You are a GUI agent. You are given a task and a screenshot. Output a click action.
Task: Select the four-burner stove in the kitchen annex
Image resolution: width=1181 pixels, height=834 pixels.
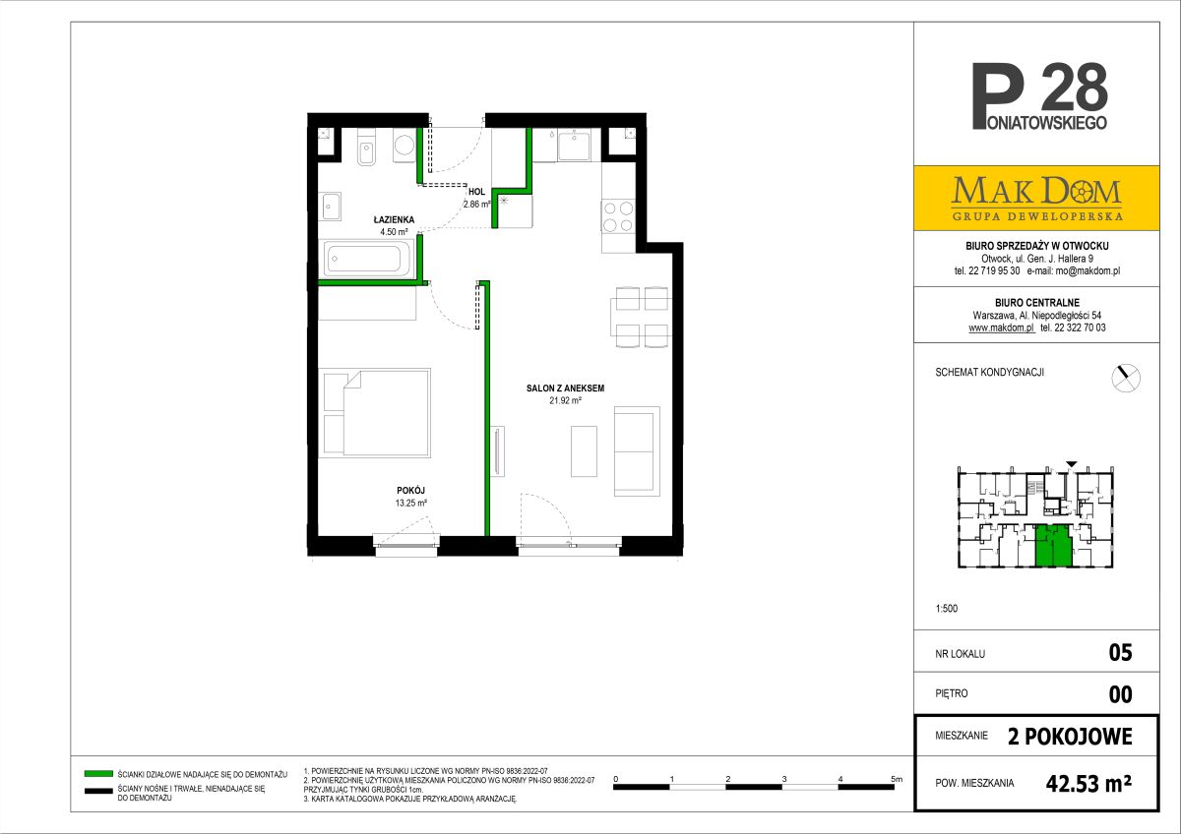(x=618, y=216)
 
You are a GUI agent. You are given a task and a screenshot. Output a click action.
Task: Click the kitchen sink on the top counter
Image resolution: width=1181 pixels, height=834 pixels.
(x=574, y=146)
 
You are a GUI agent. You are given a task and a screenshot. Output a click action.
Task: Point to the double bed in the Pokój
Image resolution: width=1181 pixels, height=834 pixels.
(x=376, y=412)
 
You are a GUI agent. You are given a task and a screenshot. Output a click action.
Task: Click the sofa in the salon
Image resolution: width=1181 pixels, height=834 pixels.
(x=637, y=451)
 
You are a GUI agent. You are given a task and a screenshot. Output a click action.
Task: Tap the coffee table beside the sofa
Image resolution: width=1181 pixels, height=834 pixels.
(x=585, y=451)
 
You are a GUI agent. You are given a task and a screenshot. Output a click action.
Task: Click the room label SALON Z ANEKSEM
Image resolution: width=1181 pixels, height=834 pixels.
(x=565, y=388)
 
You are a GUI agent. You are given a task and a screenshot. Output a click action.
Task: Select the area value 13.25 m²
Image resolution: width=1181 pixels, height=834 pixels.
(x=411, y=503)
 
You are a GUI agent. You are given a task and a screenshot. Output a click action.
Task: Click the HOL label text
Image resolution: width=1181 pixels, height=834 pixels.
(x=476, y=192)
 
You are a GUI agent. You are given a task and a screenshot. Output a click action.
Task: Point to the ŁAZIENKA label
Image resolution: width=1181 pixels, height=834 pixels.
(x=394, y=219)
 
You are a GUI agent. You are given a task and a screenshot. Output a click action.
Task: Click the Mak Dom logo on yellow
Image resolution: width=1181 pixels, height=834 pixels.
(x=1037, y=199)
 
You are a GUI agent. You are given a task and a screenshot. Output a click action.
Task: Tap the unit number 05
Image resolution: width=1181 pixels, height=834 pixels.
(x=1120, y=653)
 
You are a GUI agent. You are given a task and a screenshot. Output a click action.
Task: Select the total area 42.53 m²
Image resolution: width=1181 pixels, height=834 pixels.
(x=1088, y=784)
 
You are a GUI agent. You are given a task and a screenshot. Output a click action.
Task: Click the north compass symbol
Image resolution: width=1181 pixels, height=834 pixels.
(x=1126, y=378)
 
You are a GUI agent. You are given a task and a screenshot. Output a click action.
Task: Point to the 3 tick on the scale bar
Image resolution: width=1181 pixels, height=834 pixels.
(x=784, y=779)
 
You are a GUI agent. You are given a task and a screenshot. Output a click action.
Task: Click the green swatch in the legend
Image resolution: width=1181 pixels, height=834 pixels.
(x=98, y=773)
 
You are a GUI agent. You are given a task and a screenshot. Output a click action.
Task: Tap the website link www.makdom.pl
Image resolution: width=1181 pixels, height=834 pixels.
(x=1001, y=328)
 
